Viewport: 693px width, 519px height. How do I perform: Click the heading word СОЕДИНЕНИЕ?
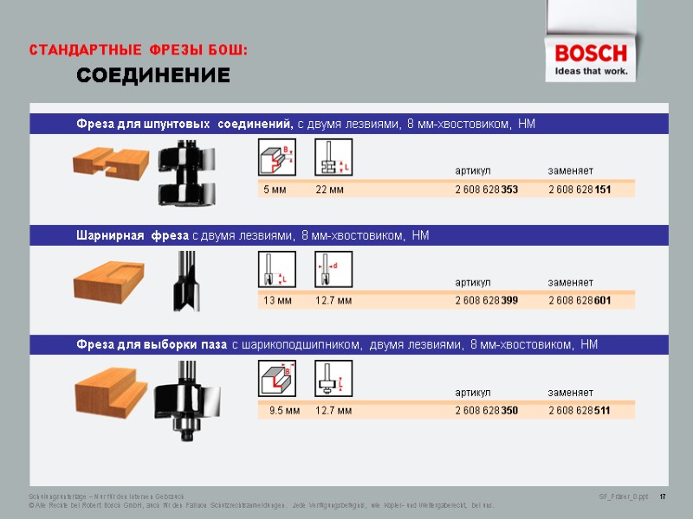pos(153,76)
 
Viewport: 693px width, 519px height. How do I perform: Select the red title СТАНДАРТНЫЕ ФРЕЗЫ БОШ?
pos(139,50)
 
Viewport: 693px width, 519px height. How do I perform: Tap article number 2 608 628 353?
pos(486,189)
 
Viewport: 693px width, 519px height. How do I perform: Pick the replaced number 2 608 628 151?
pos(580,189)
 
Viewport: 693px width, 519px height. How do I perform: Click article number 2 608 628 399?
pos(486,300)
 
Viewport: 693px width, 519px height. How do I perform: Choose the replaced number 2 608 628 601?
pos(580,300)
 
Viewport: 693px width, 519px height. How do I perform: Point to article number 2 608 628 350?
pos(486,411)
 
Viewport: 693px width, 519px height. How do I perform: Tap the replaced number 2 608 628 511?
pos(580,411)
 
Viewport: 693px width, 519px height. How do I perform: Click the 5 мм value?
pos(275,189)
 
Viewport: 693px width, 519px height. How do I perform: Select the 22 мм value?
pos(329,189)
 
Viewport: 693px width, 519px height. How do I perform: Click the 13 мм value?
pos(277,300)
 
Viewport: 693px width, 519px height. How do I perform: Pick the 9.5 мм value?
pos(284,411)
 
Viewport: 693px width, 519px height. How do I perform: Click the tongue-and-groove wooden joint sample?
pos(108,160)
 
